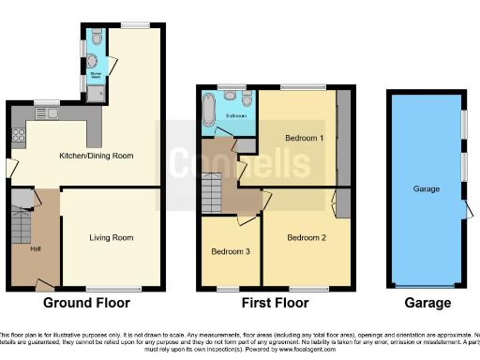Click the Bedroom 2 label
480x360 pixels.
tap(307, 237)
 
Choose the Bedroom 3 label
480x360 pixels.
tap(230, 251)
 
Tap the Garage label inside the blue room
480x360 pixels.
tap(427, 188)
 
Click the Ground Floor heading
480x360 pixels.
tap(86, 303)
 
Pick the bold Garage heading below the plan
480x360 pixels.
tap(427, 303)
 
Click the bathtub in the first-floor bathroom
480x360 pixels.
tap(208, 114)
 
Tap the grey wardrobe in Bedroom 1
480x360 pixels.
tap(343, 137)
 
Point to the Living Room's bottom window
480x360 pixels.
tap(109, 287)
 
